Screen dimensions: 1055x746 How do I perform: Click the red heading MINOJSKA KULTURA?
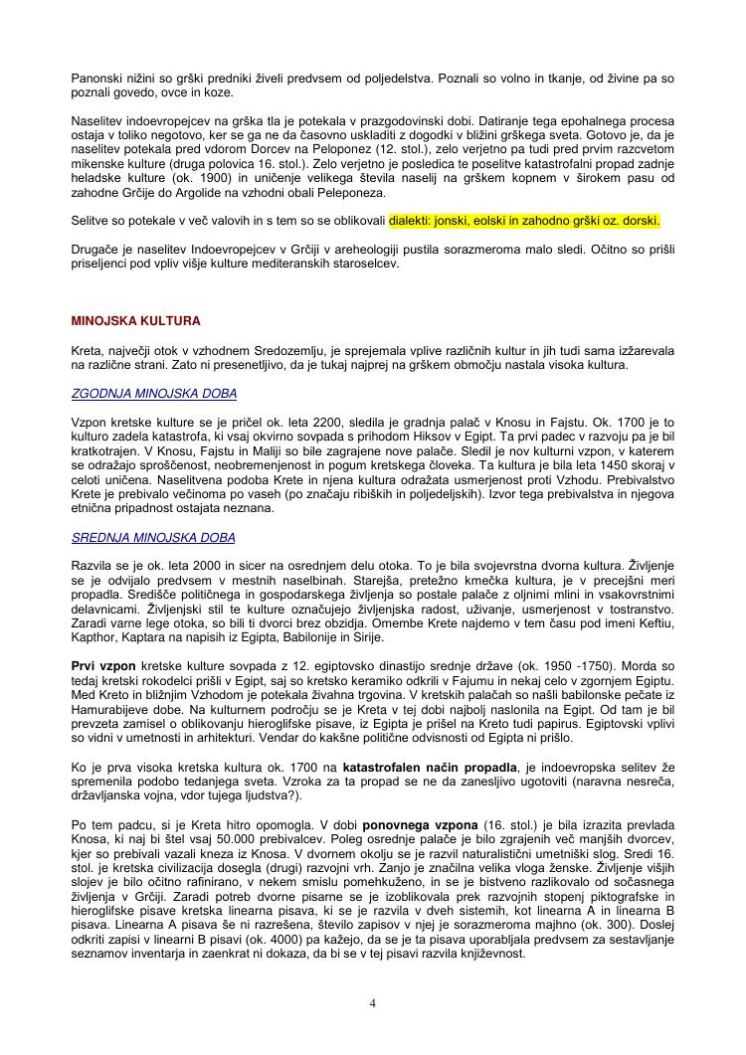point(135,321)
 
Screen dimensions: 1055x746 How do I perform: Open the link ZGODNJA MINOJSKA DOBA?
point(154,394)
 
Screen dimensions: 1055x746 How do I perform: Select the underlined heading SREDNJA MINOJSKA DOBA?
point(153,538)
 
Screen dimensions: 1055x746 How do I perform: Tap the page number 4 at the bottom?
point(373,1002)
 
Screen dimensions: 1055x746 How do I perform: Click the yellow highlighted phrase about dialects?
point(524,220)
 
